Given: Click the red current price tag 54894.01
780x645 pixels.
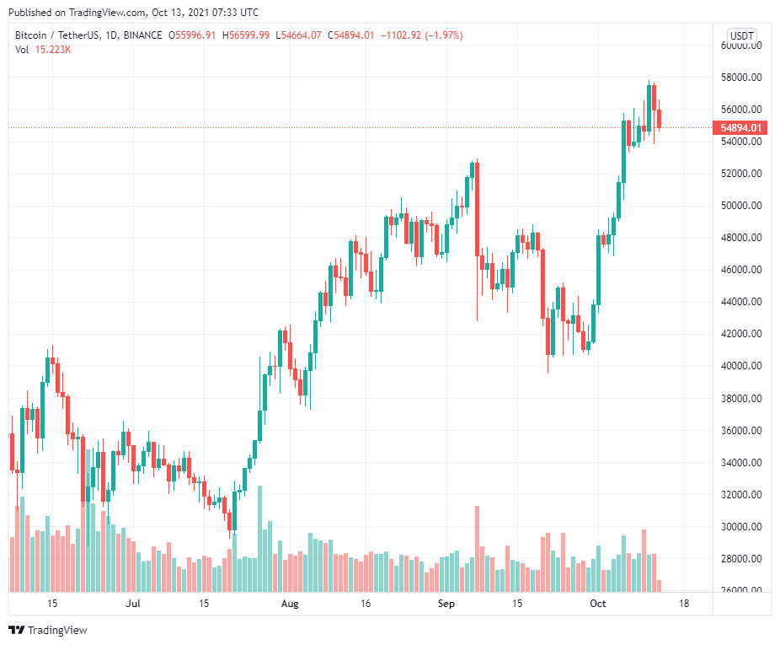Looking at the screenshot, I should point(741,128).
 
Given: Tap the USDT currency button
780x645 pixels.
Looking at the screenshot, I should point(741,36).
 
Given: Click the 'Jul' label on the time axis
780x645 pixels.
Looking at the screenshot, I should point(132,604).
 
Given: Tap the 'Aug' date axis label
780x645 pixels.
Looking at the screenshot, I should point(290,604).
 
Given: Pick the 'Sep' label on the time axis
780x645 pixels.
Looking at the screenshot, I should point(446,604).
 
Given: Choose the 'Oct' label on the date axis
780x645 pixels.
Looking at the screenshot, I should point(597,604).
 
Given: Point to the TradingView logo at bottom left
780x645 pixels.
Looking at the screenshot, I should point(48,630).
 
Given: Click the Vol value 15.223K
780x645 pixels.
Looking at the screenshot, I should point(53,50).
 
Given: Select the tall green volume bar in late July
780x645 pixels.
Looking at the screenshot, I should point(259,538).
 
